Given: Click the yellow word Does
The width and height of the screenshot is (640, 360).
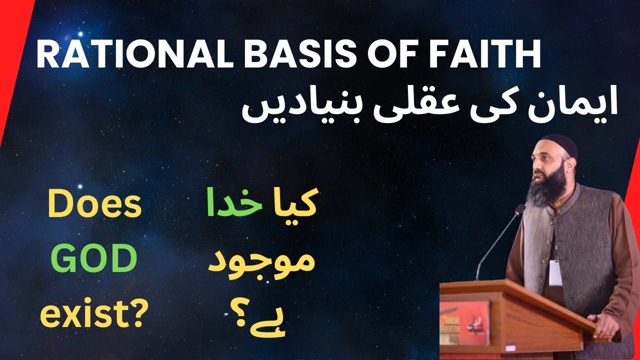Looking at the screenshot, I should coord(94,207).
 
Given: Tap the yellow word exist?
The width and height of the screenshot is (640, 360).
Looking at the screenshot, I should coord(94,314).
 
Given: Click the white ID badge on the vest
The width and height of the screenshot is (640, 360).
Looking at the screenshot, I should coord(554,272).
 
